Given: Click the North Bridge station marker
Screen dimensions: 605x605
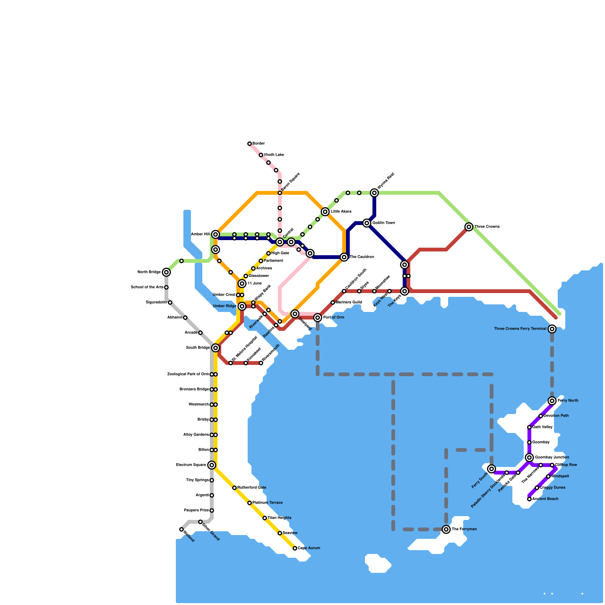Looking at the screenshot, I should click(166, 272).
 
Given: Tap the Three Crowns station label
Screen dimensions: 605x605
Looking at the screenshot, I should click(487, 227).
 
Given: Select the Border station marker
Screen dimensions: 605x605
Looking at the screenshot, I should click(250, 144).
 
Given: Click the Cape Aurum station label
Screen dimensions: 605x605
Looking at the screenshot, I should click(309, 548).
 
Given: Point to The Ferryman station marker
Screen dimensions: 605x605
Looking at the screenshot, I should click(446, 529).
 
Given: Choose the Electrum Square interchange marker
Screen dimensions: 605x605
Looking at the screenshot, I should click(212, 465).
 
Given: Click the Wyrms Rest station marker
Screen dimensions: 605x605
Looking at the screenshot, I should click(374, 193).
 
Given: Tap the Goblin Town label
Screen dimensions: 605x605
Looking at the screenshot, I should click(383, 223).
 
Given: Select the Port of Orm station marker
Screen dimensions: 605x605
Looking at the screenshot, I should click(318, 318).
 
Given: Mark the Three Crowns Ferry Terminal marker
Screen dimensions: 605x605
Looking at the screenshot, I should click(552, 329).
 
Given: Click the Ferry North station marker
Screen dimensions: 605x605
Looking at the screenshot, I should click(552, 401).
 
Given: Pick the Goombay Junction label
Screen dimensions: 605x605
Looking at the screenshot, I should click(552, 458).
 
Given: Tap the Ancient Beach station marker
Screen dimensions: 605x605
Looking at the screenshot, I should click(529, 499).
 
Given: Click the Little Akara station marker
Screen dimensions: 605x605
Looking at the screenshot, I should click(325, 212).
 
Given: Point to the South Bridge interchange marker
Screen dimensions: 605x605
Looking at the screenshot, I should click(216, 348).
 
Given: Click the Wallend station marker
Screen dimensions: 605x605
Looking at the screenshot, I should click(181, 529).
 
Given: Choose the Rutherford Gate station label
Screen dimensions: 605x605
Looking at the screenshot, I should click(252, 488).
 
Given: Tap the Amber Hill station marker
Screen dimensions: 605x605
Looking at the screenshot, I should click(216, 234).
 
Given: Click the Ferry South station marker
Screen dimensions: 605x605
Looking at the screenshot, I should click(492, 469).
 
